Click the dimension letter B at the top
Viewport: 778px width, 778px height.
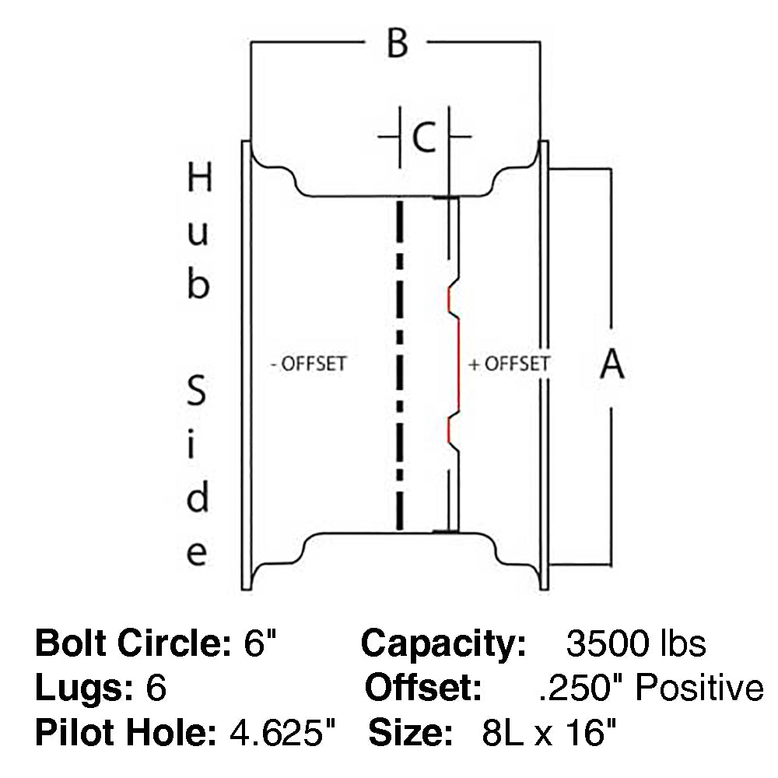(x=397, y=44)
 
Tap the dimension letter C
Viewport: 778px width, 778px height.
(x=424, y=138)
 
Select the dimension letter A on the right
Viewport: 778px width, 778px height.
(x=612, y=364)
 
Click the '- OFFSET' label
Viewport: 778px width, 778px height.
(x=308, y=364)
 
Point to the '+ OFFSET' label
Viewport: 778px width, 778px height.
(x=510, y=363)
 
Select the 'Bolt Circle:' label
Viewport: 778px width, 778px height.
(x=128, y=644)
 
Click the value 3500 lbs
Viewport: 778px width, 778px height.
(x=636, y=644)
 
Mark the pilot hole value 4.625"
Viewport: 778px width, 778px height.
(x=284, y=733)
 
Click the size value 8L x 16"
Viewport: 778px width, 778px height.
(x=545, y=733)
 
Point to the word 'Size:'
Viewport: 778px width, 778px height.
(x=410, y=733)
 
